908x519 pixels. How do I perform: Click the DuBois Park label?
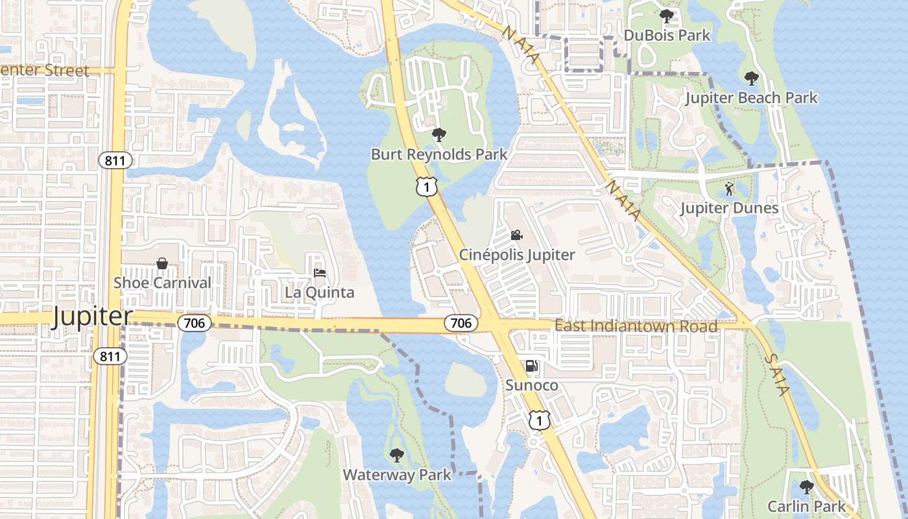coord(667,35)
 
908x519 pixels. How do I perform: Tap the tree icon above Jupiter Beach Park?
coord(751,79)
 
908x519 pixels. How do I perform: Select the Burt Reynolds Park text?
coord(439,154)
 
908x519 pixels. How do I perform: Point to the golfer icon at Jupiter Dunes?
coord(729,189)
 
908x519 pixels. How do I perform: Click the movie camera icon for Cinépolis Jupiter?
coord(516,235)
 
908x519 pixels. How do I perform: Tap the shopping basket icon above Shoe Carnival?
coord(162,263)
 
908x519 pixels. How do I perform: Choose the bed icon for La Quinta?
coord(319,273)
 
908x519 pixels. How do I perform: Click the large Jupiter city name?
coord(92,317)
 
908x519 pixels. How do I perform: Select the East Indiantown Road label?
coord(636,326)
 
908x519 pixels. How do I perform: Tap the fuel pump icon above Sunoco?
coord(531,367)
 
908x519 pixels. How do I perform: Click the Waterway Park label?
coord(397,474)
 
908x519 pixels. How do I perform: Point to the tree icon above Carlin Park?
coord(806,487)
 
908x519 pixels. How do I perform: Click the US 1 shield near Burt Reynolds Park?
coord(427,187)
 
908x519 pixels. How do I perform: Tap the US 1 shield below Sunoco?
coord(539,420)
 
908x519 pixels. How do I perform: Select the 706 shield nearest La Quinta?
coord(195,322)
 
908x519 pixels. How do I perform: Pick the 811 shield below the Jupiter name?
coord(109,356)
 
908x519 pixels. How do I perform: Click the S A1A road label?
coord(776,374)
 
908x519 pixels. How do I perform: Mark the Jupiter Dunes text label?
coord(729,208)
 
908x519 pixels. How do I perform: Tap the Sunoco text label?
coord(531,386)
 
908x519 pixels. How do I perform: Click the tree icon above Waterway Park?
coord(396,455)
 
